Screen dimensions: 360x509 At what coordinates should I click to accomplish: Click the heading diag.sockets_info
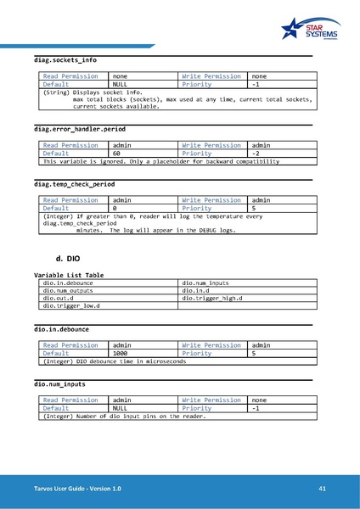(x=65, y=61)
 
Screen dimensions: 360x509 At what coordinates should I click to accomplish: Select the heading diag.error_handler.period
(x=80, y=129)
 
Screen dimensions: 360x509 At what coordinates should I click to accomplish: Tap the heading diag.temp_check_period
(x=74, y=184)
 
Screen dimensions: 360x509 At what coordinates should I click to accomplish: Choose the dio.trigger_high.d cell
(x=212, y=299)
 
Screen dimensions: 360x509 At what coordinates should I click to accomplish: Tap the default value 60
(x=117, y=154)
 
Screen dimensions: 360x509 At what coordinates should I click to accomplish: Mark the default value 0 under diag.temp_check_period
(x=115, y=209)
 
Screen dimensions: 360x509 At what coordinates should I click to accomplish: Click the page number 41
(x=323, y=489)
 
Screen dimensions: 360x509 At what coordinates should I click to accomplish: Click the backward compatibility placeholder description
(x=161, y=161)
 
